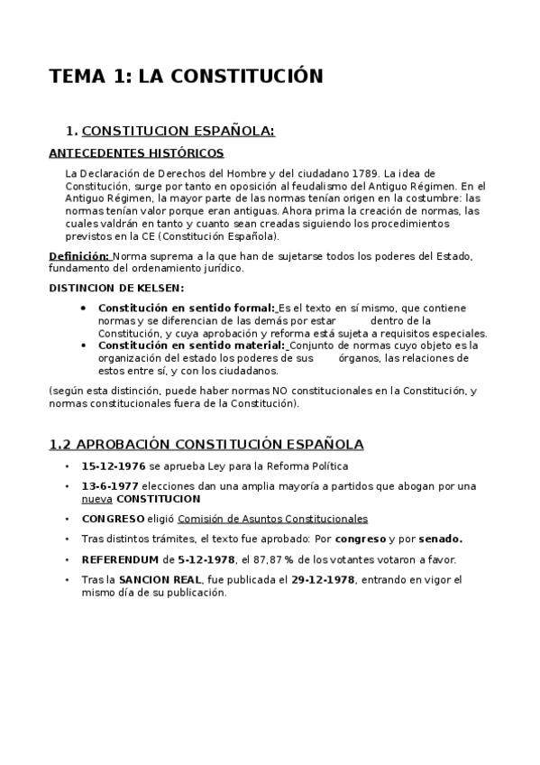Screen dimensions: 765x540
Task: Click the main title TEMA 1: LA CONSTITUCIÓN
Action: click(186, 77)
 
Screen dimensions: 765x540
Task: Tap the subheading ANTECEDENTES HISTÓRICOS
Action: click(136, 153)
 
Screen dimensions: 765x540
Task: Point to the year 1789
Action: click(365, 172)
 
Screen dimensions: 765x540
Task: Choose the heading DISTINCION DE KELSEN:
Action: click(116, 288)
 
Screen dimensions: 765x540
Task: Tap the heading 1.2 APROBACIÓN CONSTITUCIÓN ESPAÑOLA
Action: click(206, 444)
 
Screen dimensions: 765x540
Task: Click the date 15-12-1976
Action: click(114, 466)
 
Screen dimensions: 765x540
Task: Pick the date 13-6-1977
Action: click(111, 486)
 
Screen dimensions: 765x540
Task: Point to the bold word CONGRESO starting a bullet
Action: click(113, 519)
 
